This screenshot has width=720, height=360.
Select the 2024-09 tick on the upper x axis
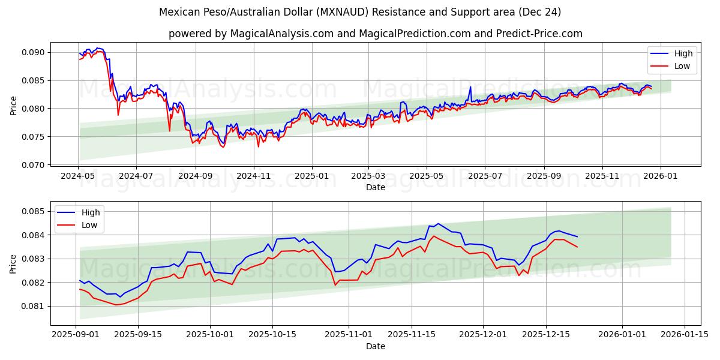196,176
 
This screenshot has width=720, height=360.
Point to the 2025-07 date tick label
484,176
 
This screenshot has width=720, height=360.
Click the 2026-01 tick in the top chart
661,176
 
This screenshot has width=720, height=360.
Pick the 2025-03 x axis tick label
368,176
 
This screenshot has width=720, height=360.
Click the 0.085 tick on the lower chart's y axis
35,211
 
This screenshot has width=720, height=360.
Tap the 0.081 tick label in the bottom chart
35,306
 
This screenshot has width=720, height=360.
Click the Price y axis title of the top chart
13,105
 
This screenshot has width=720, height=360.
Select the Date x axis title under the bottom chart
376,346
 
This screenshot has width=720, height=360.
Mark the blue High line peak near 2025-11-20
437,224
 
